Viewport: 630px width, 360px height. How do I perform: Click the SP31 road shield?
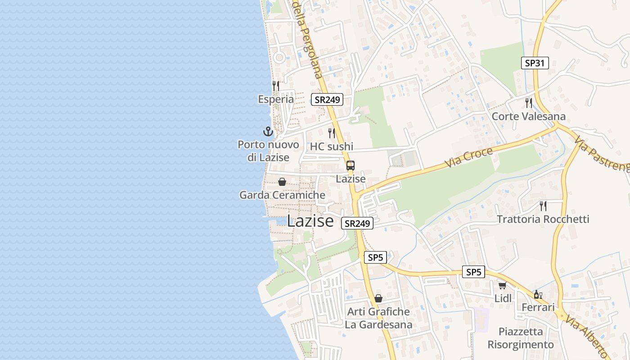535,63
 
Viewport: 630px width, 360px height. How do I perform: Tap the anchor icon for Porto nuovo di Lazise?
268,131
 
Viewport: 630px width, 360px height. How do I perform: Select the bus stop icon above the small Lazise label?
351,166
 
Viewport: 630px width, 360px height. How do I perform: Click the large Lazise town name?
310,221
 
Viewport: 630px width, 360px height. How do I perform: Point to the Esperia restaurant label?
276,99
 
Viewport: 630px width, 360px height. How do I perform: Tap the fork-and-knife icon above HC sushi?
332,133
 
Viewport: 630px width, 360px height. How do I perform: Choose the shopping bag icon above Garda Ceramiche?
282,182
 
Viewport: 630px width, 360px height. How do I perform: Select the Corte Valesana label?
528,117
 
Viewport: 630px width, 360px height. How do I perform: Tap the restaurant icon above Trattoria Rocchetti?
543,206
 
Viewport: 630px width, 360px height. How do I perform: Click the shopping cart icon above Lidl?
502,285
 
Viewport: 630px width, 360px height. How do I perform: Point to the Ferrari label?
538,307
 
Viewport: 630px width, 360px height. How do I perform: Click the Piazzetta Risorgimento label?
521,338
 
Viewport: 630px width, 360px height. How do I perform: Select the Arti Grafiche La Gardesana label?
378,318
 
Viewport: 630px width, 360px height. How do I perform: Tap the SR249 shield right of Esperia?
327,99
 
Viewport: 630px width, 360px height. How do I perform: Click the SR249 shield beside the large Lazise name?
357,223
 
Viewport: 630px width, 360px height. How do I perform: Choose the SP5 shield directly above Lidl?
473,272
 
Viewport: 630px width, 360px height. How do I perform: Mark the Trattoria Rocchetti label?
543,219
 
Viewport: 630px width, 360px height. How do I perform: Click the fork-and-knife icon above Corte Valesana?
529,103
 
